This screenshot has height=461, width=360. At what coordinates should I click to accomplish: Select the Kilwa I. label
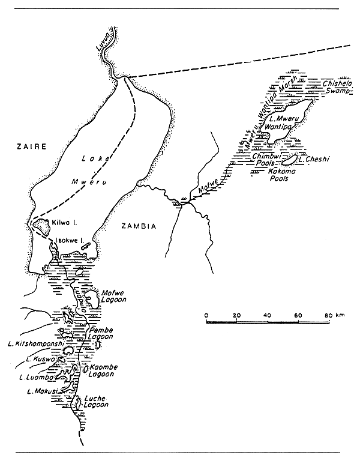pos(64,223)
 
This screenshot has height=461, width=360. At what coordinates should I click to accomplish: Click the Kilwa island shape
pos(40,227)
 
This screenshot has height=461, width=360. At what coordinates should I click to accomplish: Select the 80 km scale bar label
pos(329,315)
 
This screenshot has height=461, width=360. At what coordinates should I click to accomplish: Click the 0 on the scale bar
pos(206,315)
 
